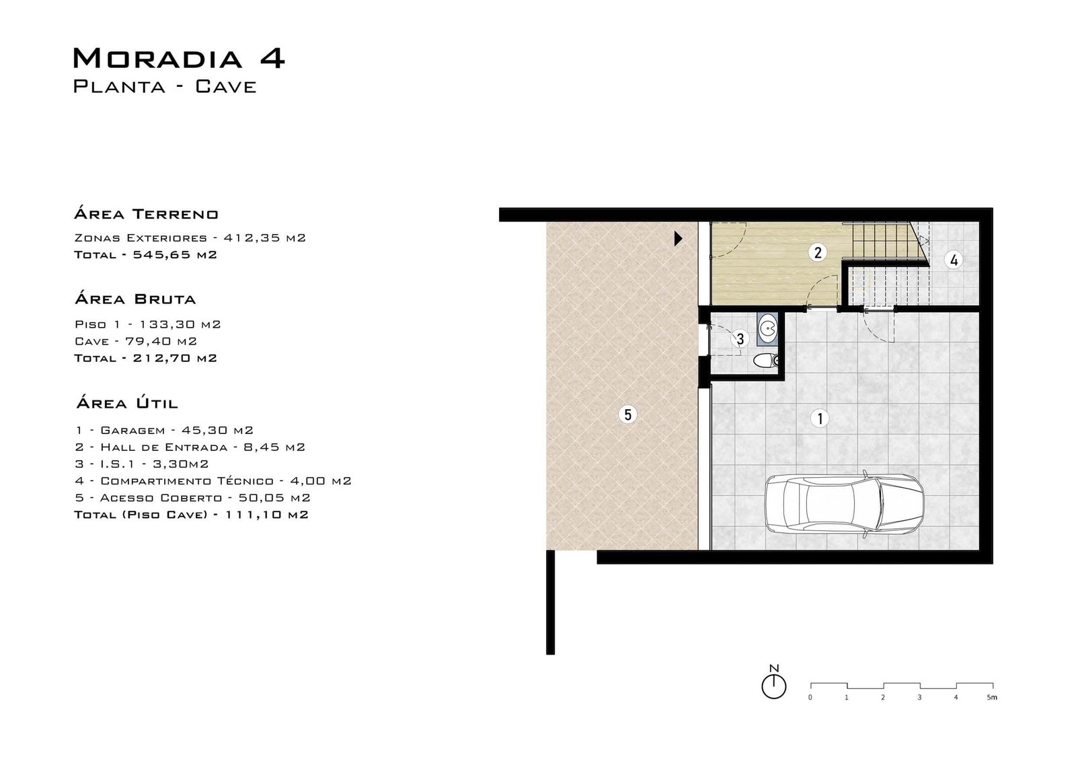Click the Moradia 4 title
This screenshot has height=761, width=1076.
coord(179,58)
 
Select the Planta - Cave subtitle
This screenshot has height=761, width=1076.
coord(165,87)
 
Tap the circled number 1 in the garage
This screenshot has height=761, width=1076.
coord(820,419)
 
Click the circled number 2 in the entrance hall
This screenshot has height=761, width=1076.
coord(818,252)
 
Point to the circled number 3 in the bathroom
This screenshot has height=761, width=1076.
coord(740,339)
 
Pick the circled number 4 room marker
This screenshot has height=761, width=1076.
coord(954,260)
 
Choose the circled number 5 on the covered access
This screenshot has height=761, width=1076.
coord(628,414)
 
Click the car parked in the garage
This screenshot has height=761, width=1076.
coord(844,504)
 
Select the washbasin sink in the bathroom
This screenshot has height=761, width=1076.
coord(767,329)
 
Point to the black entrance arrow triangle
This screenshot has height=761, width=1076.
coord(679,238)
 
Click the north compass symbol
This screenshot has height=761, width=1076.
coord(774,682)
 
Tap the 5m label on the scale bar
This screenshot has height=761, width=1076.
coord(993,697)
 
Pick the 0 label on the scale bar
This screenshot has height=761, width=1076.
coord(810,697)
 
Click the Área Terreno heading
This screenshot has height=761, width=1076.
coord(147,213)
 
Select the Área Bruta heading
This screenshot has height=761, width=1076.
coord(135,299)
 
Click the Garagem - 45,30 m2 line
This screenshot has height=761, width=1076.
coord(164,430)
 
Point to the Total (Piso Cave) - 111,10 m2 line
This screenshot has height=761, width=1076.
coord(191,514)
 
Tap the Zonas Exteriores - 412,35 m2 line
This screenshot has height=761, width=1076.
coord(190,238)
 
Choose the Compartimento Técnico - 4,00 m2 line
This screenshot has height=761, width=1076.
coord(213,480)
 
